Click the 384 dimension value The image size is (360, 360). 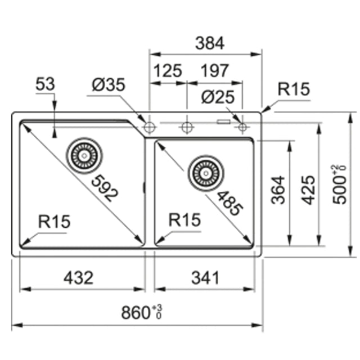coord(210,43)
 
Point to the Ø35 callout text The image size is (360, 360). coord(109,84)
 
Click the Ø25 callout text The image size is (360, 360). coord(218,97)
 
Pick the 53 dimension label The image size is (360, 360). coord(45,84)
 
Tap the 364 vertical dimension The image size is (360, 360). coord(278,190)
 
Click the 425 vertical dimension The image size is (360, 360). coord(308,190)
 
